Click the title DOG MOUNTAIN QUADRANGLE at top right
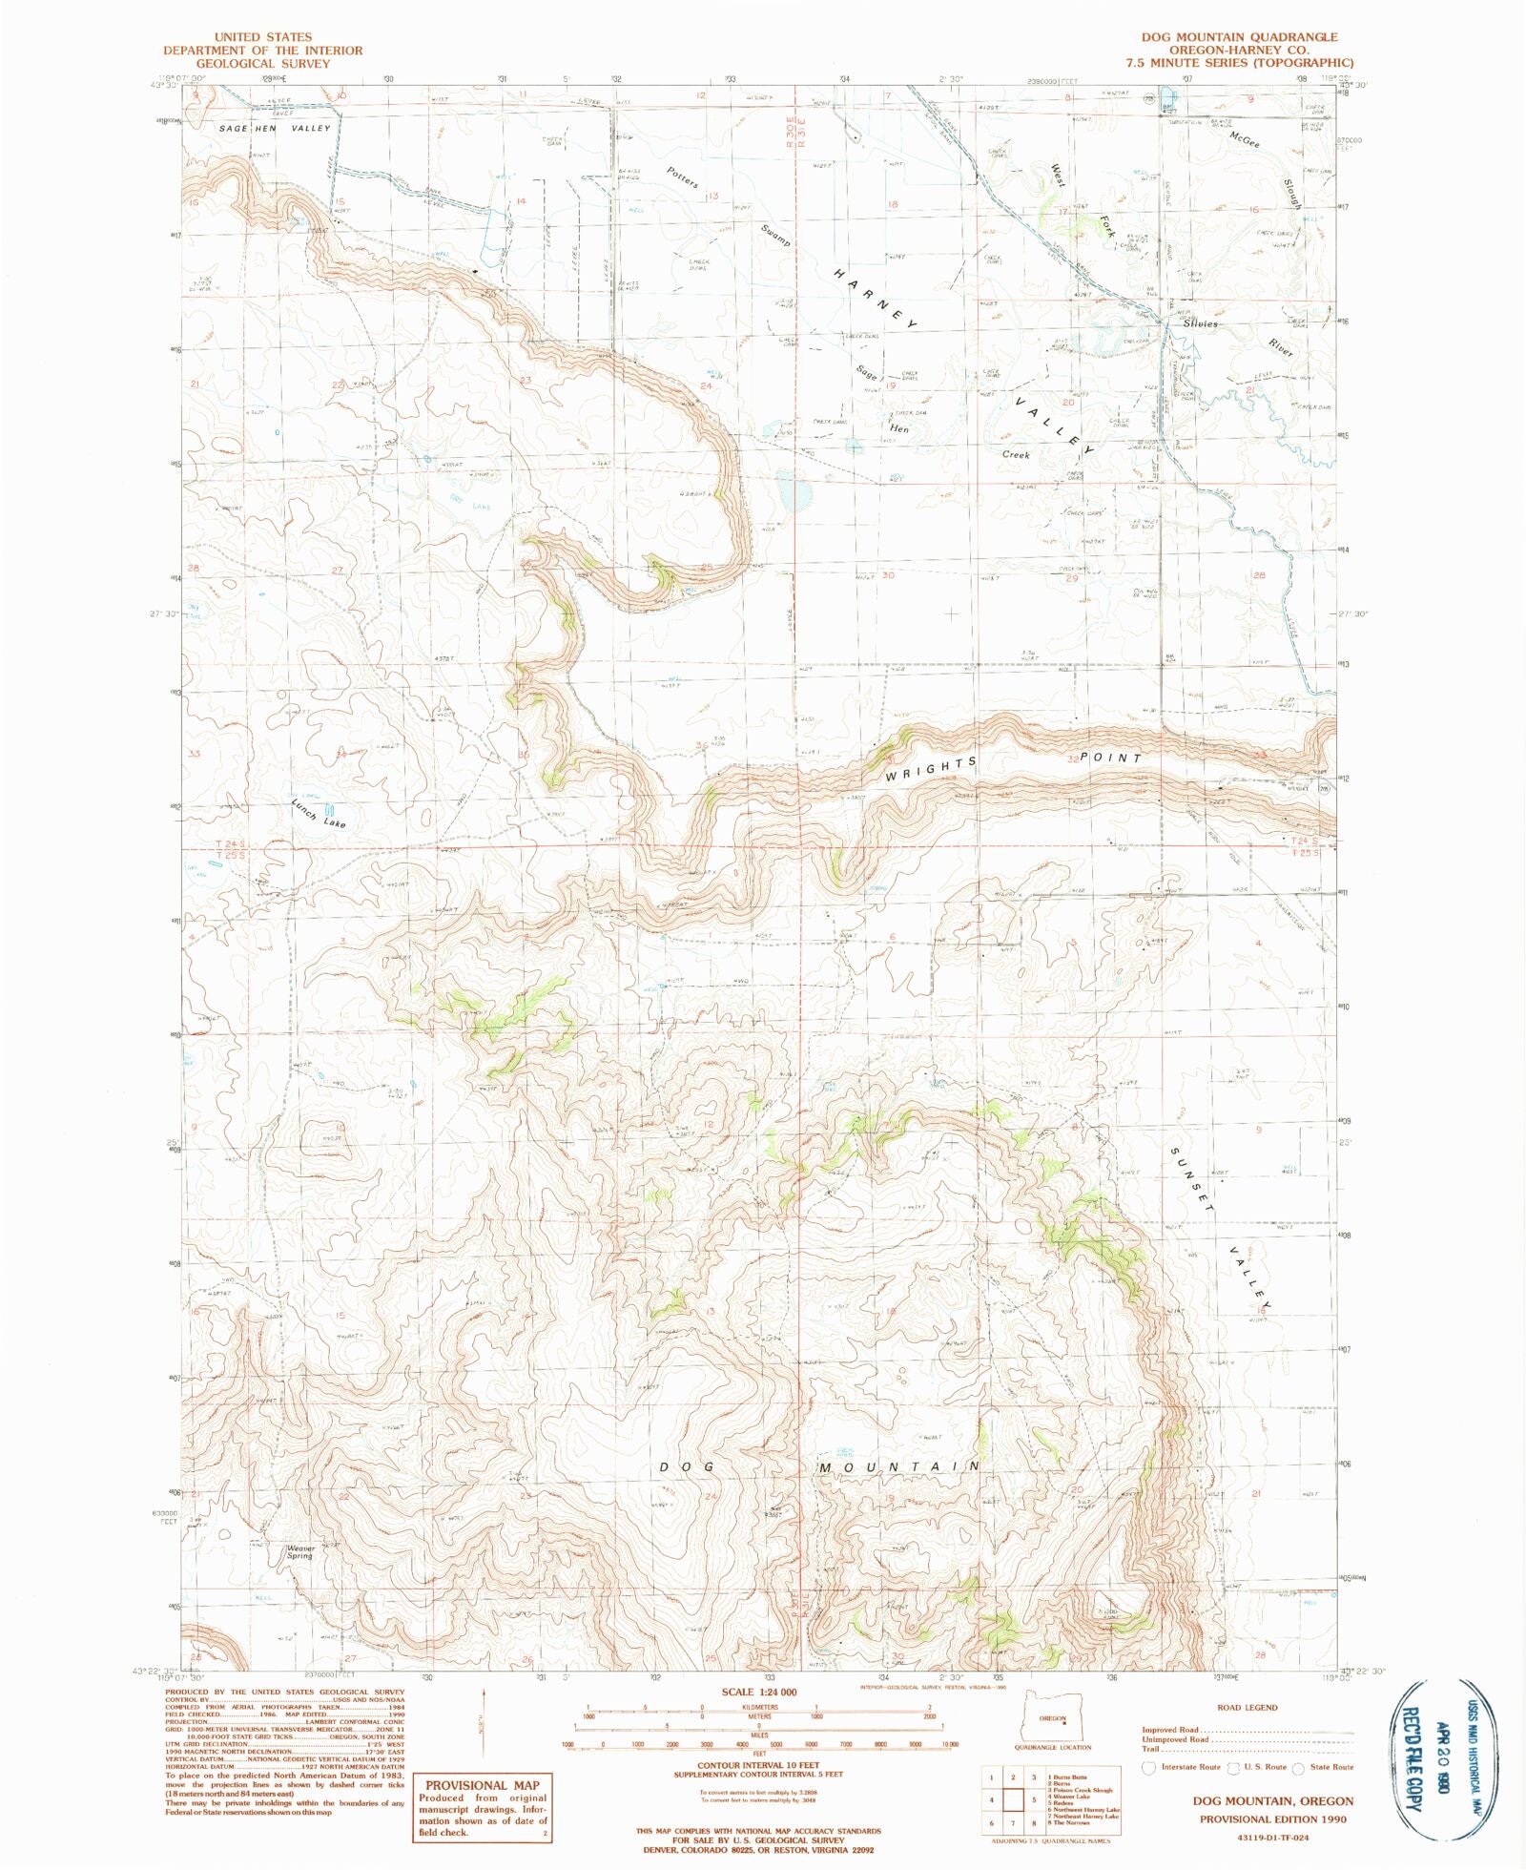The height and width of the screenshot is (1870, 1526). [x=1239, y=37]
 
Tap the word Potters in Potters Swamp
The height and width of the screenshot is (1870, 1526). [x=683, y=177]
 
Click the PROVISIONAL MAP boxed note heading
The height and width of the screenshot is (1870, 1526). [x=482, y=1785]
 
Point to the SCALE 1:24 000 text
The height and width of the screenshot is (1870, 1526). [x=758, y=1692]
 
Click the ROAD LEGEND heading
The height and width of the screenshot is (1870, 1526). [x=1247, y=1707]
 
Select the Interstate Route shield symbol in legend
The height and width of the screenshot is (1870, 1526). [x=1149, y=1767]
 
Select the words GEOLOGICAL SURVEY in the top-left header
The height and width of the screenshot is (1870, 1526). [x=262, y=64]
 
